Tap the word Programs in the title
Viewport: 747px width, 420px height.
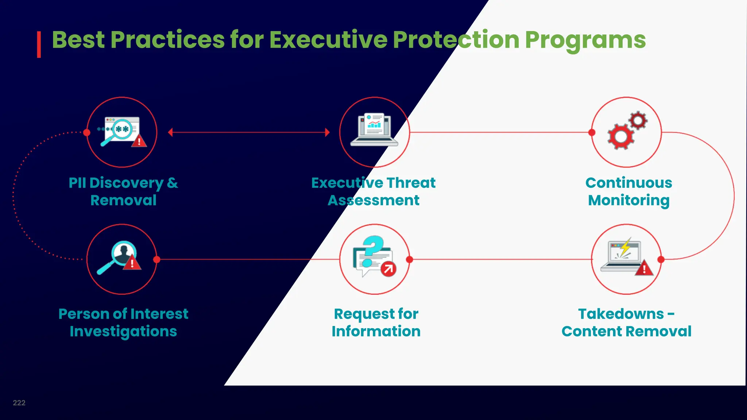[585, 40]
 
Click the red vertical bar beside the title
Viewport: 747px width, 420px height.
[39, 44]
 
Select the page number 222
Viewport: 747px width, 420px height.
[19, 403]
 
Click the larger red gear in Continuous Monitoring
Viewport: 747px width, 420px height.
[620, 136]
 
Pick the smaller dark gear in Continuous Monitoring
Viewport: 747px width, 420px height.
[638, 120]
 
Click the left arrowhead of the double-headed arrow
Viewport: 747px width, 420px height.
[170, 132]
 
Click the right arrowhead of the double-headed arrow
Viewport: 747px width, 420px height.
[327, 132]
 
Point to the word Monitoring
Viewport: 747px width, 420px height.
[628, 201]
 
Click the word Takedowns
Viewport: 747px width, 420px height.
[621, 314]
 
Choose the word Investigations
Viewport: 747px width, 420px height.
[123, 331]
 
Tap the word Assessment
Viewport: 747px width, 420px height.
[373, 201]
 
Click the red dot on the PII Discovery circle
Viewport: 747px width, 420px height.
[87, 132]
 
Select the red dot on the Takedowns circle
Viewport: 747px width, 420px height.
[661, 260]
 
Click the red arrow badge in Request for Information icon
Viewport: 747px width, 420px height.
[388, 269]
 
